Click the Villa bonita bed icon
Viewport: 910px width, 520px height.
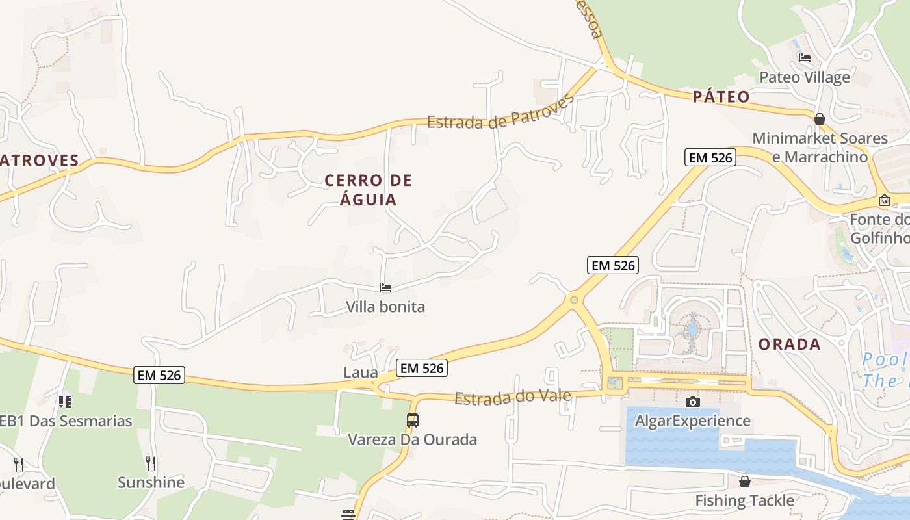[x=385, y=287]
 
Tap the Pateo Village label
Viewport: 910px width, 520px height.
[x=805, y=77]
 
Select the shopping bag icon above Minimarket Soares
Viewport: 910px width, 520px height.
[x=820, y=119]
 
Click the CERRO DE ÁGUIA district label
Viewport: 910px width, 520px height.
[x=369, y=189]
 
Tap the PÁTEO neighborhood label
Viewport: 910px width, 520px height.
[x=721, y=97]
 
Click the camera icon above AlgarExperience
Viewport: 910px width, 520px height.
[x=693, y=402]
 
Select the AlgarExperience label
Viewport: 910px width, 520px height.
[x=693, y=421]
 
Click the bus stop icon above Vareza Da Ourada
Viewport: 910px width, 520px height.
[x=413, y=421]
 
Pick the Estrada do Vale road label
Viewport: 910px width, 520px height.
[x=512, y=396]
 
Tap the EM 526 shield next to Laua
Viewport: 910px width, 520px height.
[x=422, y=368]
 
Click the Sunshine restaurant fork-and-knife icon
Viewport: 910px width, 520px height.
[x=151, y=463]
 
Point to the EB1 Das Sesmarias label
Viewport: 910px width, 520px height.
[x=65, y=421]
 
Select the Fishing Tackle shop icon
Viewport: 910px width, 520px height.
[x=745, y=482]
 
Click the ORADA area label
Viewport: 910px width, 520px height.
[x=790, y=344]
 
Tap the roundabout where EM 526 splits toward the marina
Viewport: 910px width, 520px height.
[x=573, y=300]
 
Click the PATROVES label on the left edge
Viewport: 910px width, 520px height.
[x=39, y=161]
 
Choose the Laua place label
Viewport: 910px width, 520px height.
[x=361, y=372]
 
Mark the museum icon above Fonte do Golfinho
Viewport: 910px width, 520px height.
[x=884, y=200]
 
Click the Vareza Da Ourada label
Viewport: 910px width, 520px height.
[x=413, y=439]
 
